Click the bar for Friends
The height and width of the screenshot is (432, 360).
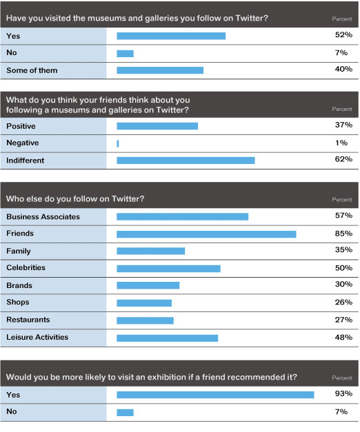[x=206, y=234]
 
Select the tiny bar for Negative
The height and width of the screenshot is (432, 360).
[x=118, y=143]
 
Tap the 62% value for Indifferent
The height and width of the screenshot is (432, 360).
[x=343, y=159]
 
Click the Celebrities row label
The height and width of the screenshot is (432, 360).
[x=26, y=267]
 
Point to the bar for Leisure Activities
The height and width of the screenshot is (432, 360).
[x=167, y=338]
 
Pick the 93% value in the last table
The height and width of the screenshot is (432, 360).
[x=343, y=393]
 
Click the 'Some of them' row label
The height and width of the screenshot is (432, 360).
[x=32, y=70]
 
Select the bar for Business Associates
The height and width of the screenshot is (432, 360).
[x=182, y=217]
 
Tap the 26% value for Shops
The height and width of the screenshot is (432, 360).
[x=343, y=302]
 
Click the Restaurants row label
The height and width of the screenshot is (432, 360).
[x=28, y=320]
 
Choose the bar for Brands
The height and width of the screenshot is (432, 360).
[x=148, y=285]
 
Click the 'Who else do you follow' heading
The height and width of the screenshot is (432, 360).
[x=75, y=198]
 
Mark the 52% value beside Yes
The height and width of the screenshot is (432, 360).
[x=343, y=34]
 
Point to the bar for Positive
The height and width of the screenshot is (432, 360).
[x=157, y=126]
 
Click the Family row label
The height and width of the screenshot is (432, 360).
[x=19, y=251]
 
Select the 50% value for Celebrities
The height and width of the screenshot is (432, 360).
[x=343, y=268]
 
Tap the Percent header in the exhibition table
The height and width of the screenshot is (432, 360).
[x=342, y=378]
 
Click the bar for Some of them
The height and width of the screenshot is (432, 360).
[x=160, y=70]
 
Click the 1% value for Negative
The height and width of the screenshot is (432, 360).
[x=341, y=143]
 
